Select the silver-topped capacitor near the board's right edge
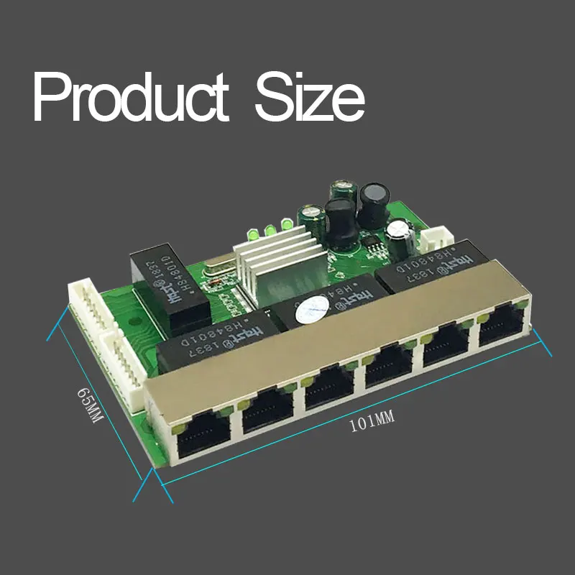(x=397, y=230)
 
